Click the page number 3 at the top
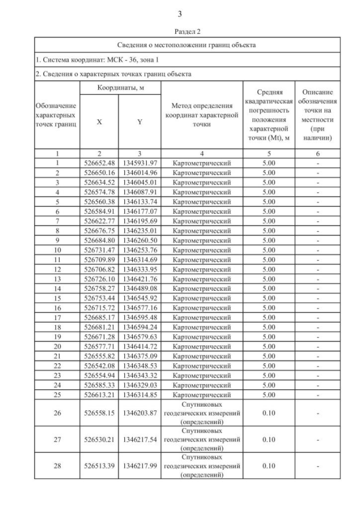(179, 13)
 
